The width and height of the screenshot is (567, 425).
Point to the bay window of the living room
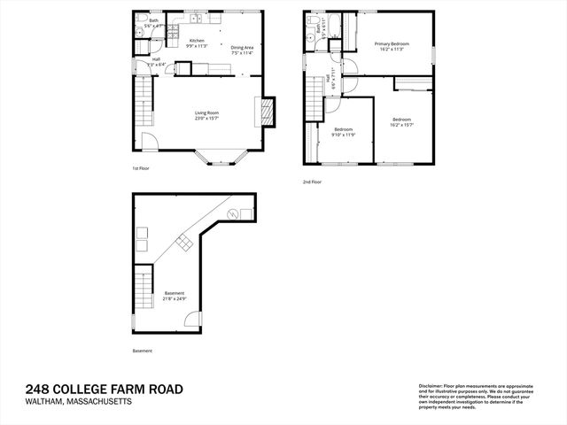coord(214,158)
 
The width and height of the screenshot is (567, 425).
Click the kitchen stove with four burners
coord(174,34)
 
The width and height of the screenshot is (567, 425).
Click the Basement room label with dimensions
coord(175,297)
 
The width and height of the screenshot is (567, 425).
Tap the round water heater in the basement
coord(233,213)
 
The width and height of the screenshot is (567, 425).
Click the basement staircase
coord(144,288)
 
